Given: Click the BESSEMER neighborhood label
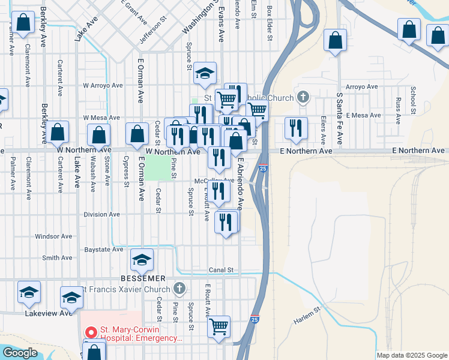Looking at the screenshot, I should click(x=142, y=278).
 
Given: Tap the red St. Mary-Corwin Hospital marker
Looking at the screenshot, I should click(x=91, y=331).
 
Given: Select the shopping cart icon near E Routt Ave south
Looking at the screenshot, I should click(x=219, y=326).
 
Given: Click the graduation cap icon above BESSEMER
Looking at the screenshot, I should click(x=142, y=259).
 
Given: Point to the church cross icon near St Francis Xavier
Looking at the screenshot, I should click(x=179, y=289).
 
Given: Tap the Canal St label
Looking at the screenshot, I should click(x=220, y=270).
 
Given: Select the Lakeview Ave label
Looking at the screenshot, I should click(x=49, y=313).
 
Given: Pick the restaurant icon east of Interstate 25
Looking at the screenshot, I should click(x=295, y=128).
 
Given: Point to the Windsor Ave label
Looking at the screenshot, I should click(x=53, y=236).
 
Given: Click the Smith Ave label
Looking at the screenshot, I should click(x=57, y=258).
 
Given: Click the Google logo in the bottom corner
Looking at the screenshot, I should click(x=20, y=353).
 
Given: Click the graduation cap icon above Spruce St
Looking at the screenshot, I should click(x=205, y=74).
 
